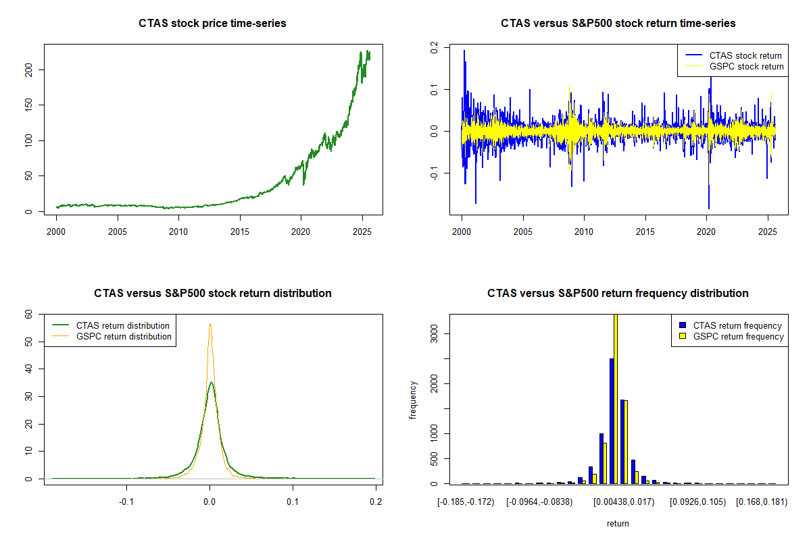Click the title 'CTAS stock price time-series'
(x=213, y=24)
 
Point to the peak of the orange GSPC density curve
(x=210, y=324)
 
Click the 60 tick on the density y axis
(x=28, y=314)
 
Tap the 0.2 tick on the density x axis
(x=376, y=502)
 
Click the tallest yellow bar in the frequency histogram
(x=616, y=398)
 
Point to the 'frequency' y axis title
(x=413, y=400)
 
